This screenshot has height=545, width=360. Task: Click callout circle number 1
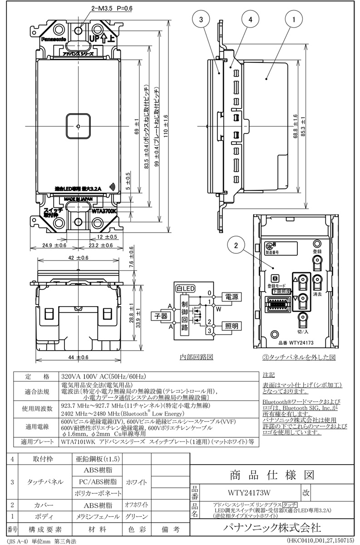(x=294, y=20)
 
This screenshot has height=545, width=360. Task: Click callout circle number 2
(x=236, y=245)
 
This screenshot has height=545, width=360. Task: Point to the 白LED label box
(x=185, y=288)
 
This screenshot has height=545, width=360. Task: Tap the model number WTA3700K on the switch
(x=104, y=211)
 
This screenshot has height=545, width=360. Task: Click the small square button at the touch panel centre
(x=79, y=125)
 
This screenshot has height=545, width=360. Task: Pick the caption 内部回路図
(x=196, y=357)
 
